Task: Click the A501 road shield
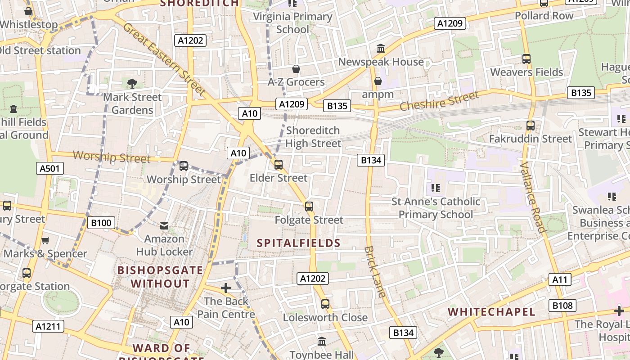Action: pyautogui.click(x=49, y=169)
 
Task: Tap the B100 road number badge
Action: pyautogui.click(x=101, y=223)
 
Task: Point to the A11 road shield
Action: pyautogui.click(x=560, y=279)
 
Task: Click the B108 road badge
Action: pyautogui.click(x=562, y=306)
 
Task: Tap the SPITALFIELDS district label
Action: pyautogui.click(x=298, y=243)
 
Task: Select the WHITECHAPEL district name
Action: pyautogui.click(x=491, y=312)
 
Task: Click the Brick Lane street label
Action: pyautogui.click(x=375, y=272)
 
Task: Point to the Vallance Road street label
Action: pyautogui.click(x=532, y=197)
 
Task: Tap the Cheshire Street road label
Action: pyautogui.click(x=439, y=101)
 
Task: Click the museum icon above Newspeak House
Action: pyautogui.click(x=381, y=48)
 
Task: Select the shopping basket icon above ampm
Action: pyautogui.click(x=378, y=81)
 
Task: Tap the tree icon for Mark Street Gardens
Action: pyautogui.click(x=132, y=83)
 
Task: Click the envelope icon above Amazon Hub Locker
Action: pyautogui.click(x=164, y=225)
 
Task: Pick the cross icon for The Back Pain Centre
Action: pyautogui.click(x=226, y=288)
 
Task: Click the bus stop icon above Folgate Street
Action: pyautogui.click(x=309, y=207)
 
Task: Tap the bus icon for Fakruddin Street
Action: pyautogui.click(x=530, y=126)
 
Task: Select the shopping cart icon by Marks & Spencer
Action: pyautogui.click(x=45, y=241)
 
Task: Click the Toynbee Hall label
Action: pyautogui.click(x=321, y=355)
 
